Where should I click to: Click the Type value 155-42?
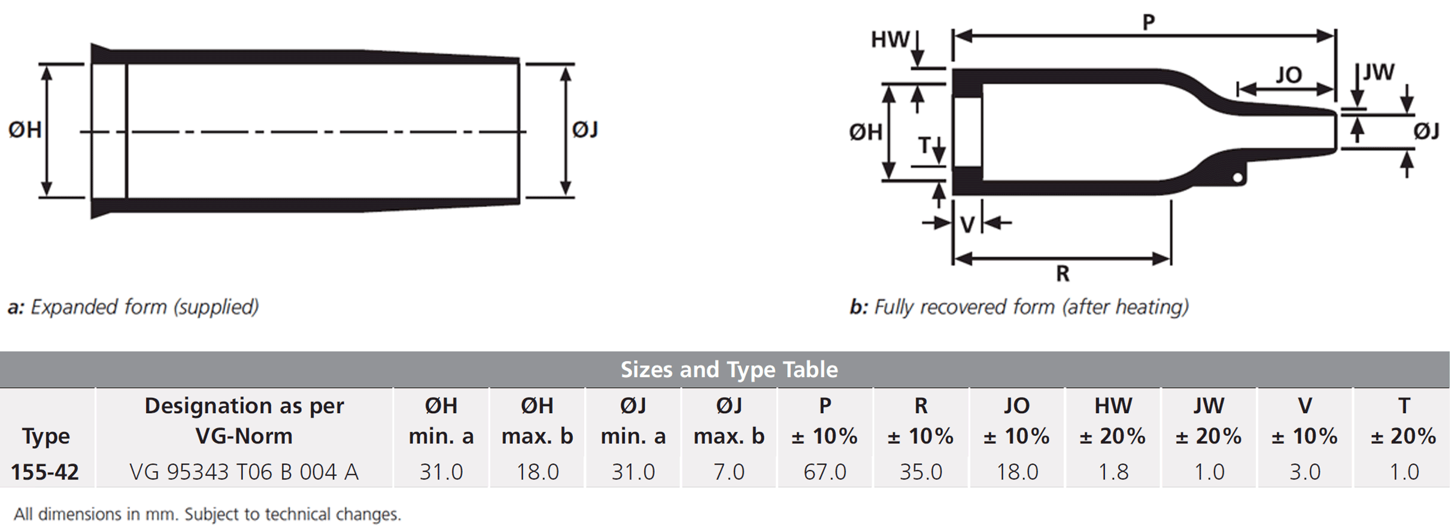(x=45, y=472)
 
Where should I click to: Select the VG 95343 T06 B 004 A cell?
(x=244, y=472)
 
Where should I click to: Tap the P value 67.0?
(x=825, y=472)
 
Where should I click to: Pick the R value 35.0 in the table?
(x=921, y=472)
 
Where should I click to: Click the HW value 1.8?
(x=1113, y=472)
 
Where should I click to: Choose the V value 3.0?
(x=1305, y=472)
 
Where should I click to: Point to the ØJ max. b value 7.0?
(x=729, y=472)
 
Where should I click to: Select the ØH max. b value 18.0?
(x=538, y=472)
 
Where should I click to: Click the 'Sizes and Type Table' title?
(x=729, y=369)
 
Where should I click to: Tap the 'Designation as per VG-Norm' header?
(x=244, y=421)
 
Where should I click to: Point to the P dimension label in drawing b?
(x=1148, y=22)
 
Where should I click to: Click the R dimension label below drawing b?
(x=1063, y=274)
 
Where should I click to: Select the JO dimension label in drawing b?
(x=1288, y=75)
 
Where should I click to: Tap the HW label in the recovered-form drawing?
(x=890, y=40)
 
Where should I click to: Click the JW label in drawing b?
(x=1379, y=72)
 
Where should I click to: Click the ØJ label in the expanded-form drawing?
(x=585, y=129)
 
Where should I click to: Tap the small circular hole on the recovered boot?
(x=1238, y=177)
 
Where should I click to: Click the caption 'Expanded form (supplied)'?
(x=144, y=307)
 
